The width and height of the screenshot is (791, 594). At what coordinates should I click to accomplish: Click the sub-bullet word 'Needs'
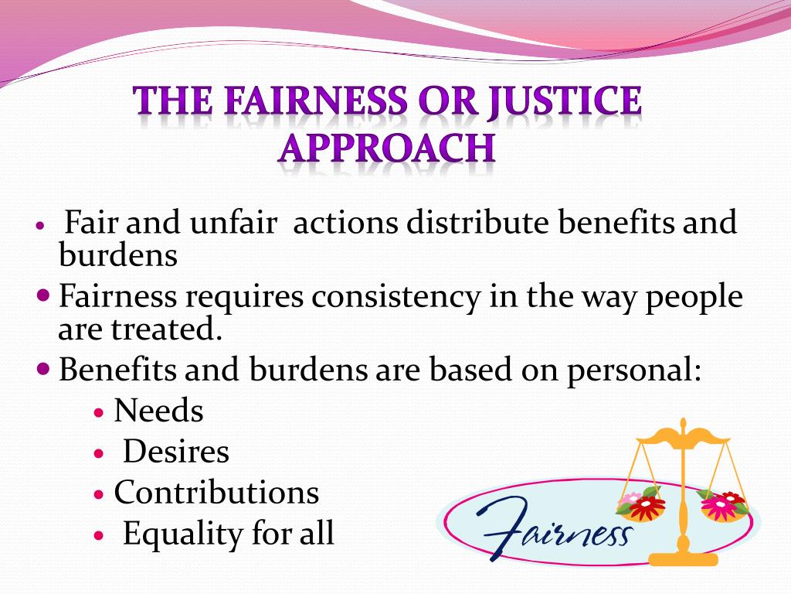(158, 411)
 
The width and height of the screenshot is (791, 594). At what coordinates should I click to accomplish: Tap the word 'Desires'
(176, 452)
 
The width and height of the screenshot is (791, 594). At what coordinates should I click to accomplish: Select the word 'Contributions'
(216, 493)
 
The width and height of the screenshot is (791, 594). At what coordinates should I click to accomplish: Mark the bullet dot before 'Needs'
(98, 413)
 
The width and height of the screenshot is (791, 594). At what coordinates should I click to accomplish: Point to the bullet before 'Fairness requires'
(44, 295)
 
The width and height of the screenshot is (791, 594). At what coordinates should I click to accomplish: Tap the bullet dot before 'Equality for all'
(98, 535)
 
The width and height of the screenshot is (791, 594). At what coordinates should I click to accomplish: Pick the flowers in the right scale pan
(722, 504)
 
